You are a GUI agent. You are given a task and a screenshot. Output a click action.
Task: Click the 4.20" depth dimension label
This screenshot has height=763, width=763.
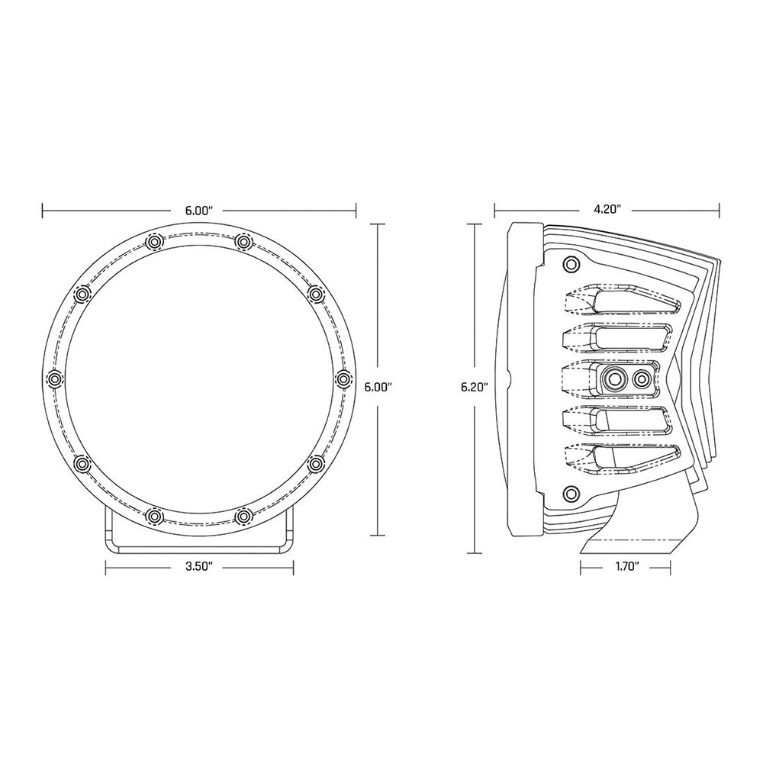(x=608, y=208)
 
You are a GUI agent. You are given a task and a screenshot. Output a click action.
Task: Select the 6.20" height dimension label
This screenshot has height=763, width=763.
(x=474, y=386)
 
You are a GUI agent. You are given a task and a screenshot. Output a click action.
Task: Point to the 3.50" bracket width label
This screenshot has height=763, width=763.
(x=198, y=566)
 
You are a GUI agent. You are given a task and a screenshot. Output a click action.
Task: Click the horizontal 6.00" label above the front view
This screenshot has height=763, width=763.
(x=198, y=208)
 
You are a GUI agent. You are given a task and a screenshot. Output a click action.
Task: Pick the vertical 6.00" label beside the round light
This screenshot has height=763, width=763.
(x=378, y=386)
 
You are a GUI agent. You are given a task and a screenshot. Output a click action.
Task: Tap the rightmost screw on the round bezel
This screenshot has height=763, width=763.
(x=342, y=378)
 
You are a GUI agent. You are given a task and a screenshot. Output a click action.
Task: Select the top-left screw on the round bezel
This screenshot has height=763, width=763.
(x=153, y=242)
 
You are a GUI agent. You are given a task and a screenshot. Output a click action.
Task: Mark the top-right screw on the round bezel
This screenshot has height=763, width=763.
(x=243, y=242)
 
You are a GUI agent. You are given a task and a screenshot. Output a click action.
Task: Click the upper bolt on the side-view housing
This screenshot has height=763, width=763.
(x=568, y=265)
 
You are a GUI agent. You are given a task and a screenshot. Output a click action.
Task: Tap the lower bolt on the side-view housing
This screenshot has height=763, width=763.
(x=568, y=491)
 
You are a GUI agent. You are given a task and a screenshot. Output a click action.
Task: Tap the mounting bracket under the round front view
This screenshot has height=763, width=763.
(x=198, y=538)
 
